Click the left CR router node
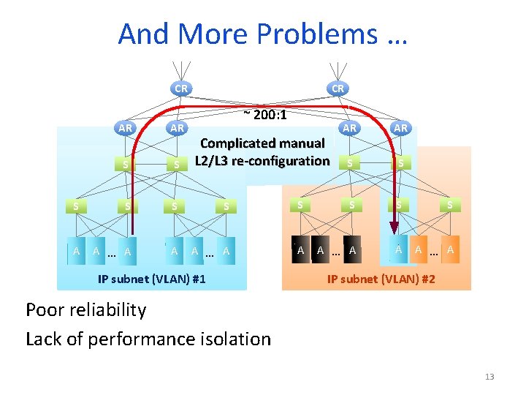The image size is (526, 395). coord(180,89)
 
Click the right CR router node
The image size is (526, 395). coord(338,89)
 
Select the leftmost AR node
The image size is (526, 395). coord(126,127)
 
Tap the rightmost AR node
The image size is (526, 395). coord(400,127)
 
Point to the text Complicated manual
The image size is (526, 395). coord(262,143)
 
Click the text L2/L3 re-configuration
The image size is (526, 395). coord(262,160)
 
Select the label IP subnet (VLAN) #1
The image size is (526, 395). coord(151,279)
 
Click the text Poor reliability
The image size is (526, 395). coord(86,309)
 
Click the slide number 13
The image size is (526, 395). coord(489,377)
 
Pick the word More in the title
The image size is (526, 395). coord(205,34)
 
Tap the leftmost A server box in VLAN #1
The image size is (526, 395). coord(76,251)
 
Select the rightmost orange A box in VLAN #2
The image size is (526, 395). coord(451,250)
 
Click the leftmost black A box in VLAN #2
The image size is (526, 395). coord(300,250)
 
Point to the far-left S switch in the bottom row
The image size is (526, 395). coord(75,206)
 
